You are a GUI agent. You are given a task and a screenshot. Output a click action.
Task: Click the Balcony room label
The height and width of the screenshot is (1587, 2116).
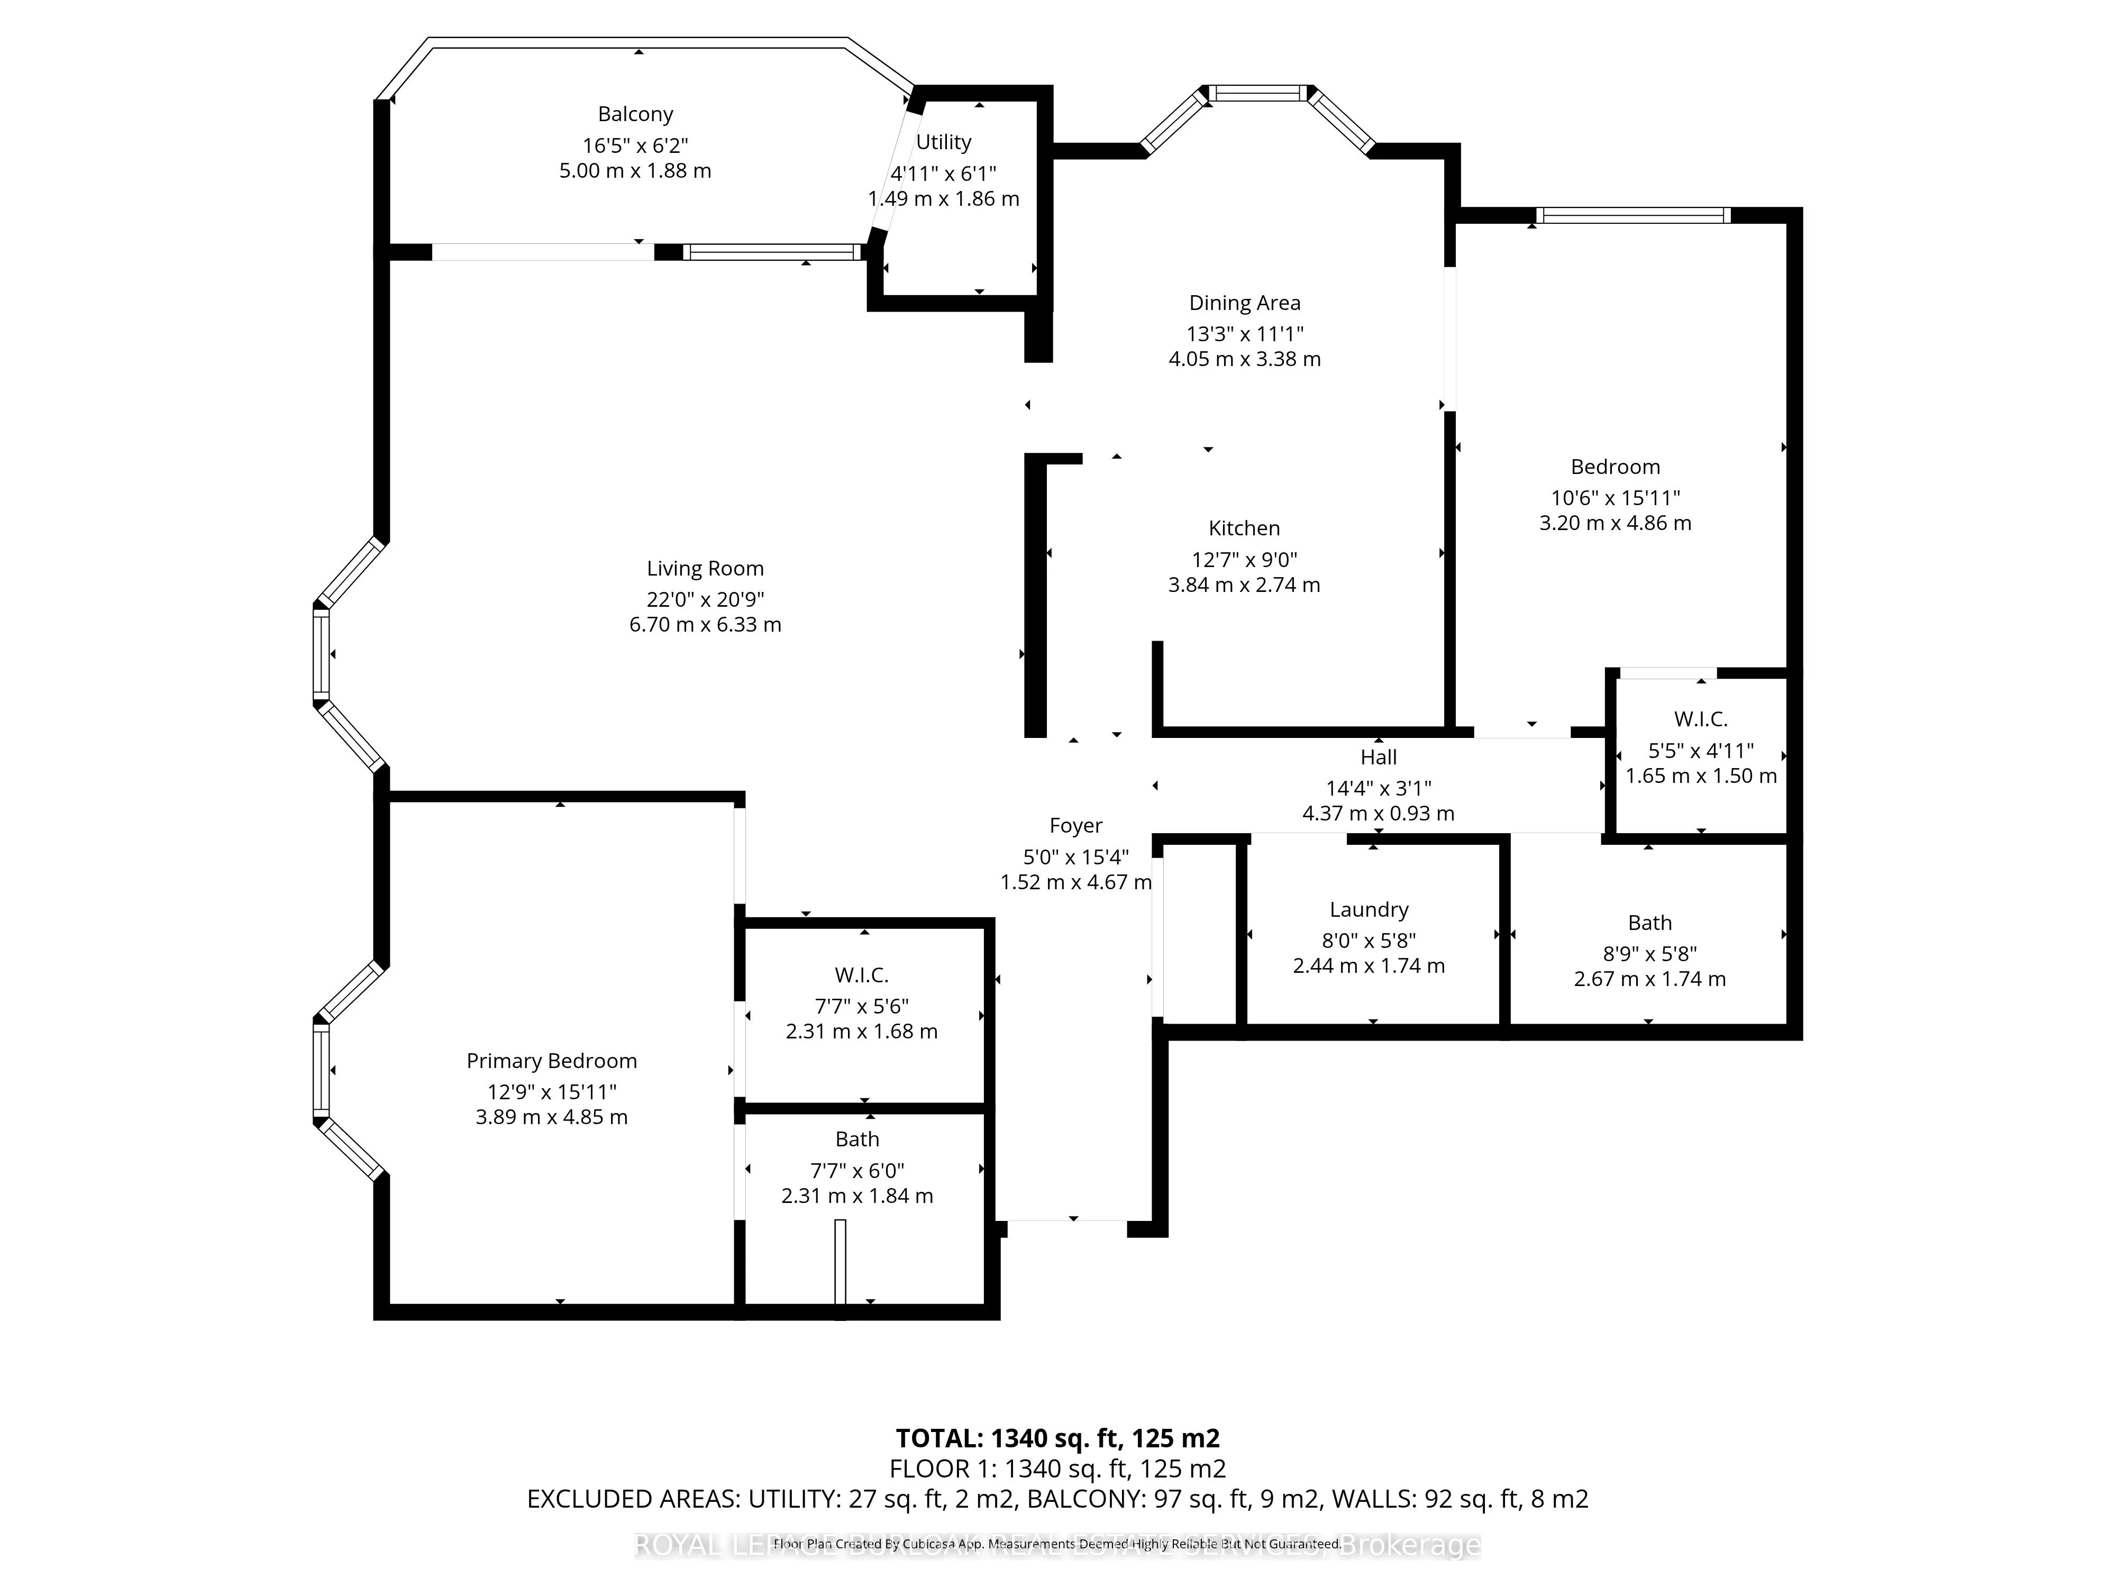(635, 114)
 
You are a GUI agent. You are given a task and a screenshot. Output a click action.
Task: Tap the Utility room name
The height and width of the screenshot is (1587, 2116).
(943, 142)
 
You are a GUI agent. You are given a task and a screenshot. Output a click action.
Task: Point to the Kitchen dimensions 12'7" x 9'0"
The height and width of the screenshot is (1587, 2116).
(1244, 560)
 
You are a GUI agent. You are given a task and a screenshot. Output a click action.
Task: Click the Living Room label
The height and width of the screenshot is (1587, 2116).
(705, 568)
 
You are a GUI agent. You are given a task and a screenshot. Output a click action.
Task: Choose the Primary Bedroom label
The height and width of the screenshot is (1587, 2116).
(551, 1060)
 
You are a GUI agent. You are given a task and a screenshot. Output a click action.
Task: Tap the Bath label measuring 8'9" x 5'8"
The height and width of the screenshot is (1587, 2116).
(1649, 922)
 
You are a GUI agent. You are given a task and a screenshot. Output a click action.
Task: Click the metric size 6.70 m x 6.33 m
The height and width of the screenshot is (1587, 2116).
(705, 625)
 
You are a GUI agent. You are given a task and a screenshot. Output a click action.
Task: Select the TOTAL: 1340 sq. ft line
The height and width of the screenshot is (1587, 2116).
(1057, 1438)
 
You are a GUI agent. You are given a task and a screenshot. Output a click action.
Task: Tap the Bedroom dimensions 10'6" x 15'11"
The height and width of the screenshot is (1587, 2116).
(1615, 497)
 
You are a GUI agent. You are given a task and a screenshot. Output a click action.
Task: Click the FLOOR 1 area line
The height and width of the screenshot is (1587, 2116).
(1057, 1469)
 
